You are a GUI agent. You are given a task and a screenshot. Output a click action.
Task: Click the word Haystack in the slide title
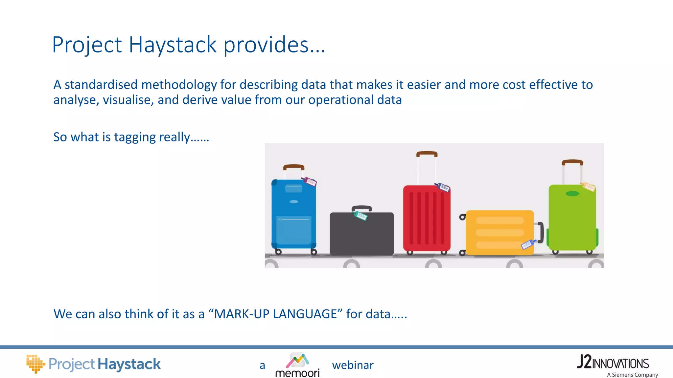click(173, 45)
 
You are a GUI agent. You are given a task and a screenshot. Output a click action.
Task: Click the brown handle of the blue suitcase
click(293, 167)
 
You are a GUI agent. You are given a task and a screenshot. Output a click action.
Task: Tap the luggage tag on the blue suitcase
click(310, 181)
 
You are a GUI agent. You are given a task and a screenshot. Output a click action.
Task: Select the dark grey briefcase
click(361, 235)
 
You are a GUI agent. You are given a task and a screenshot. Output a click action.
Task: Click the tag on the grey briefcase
click(360, 216)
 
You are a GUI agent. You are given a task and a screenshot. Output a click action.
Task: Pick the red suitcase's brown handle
click(427, 154)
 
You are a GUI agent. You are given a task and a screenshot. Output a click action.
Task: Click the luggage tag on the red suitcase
click(443, 187)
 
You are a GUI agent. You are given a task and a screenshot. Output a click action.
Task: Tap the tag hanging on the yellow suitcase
click(528, 244)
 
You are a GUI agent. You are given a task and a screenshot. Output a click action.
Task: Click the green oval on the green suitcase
click(572, 194)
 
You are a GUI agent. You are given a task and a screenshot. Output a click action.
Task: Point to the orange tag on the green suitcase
click(588, 187)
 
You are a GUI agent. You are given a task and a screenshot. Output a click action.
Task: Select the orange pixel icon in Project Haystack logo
click(35, 364)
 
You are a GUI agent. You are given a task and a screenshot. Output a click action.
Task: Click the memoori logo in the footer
click(297, 365)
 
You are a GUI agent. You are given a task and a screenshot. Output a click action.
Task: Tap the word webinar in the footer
click(353, 365)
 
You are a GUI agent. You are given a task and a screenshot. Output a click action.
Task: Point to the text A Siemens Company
click(632, 375)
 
